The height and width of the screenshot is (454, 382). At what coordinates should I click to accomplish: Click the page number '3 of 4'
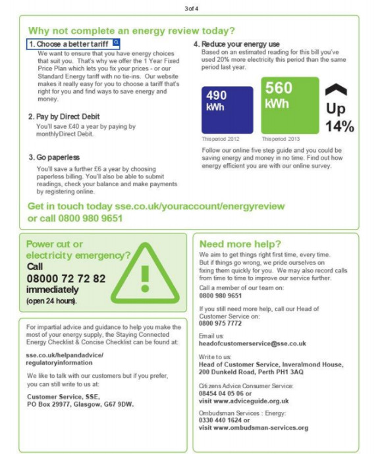[190, 8]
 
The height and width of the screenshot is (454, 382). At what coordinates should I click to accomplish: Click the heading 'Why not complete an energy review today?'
[131, 31]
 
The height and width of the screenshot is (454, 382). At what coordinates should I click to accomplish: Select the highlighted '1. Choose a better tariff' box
[73, 43]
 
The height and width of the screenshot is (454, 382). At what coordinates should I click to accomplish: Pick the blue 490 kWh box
[227, 109]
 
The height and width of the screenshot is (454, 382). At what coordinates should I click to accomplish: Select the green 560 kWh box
[290, 105]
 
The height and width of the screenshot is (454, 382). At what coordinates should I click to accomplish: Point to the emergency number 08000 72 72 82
[66, 278]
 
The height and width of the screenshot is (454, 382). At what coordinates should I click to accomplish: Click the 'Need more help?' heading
[240, 243]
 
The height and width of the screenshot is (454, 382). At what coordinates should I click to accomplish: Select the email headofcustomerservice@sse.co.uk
[252, 343]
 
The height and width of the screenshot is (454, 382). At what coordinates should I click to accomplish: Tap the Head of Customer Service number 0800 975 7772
[221, 324]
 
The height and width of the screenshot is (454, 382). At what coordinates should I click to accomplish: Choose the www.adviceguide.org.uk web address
[253, 401]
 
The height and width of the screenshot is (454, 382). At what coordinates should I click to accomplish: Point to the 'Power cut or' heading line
[55, 244]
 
